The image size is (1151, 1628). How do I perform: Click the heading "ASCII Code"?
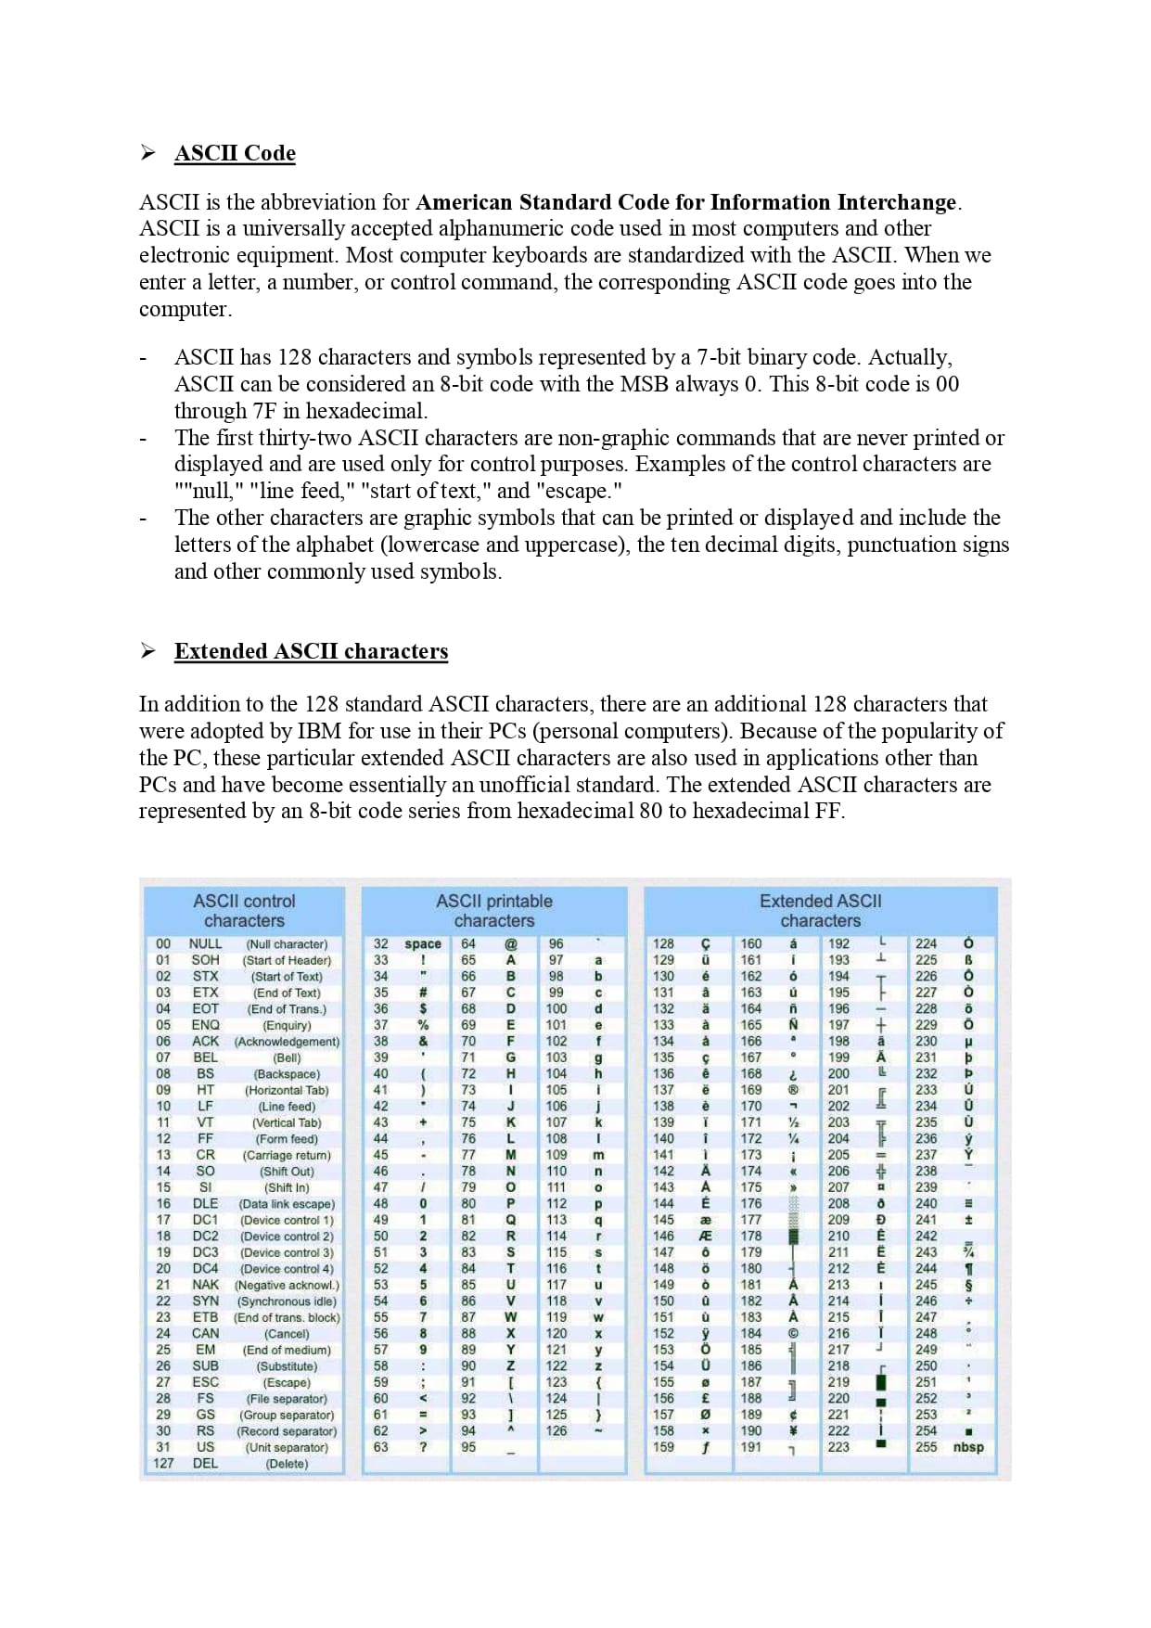coord(235,153)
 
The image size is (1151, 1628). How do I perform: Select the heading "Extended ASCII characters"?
coord(311,651)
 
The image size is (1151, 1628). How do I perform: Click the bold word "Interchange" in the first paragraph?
coord(896,202)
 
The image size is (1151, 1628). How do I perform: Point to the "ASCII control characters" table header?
coord(244,911)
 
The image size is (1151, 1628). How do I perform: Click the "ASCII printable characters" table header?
coord(493,911)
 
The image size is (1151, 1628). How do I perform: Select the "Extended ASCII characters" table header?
coord(820,911)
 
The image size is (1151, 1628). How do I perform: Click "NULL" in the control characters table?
coord(205,943)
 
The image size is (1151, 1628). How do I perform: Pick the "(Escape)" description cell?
coord(287,1382)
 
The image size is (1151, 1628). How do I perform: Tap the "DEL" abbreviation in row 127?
coord(205,1463)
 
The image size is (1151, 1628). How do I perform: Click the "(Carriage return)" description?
coord(287,1155)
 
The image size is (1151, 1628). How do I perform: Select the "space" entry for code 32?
coord(423,943)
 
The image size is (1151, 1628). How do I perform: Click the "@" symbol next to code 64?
coord(510,943)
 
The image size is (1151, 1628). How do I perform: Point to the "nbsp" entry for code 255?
coord(968,1447)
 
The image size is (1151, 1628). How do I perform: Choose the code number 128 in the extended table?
coord(664,943)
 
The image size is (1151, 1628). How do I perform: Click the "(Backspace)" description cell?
coord(287,1073)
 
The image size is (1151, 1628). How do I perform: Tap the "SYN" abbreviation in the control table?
coord(205,1301)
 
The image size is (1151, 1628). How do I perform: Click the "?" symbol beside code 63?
coord(423,1447)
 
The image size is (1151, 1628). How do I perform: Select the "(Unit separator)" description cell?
coord(287,1447)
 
